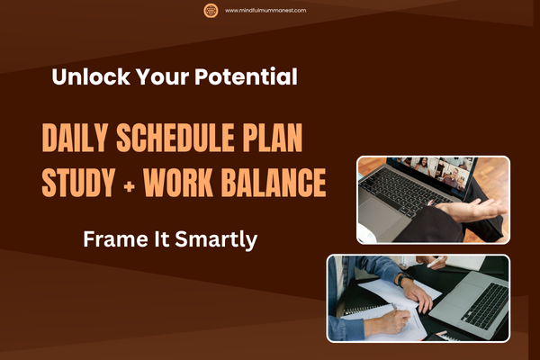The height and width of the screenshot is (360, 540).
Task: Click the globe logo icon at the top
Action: [211, 11]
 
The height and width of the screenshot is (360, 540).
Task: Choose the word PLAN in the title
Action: [274, 141]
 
